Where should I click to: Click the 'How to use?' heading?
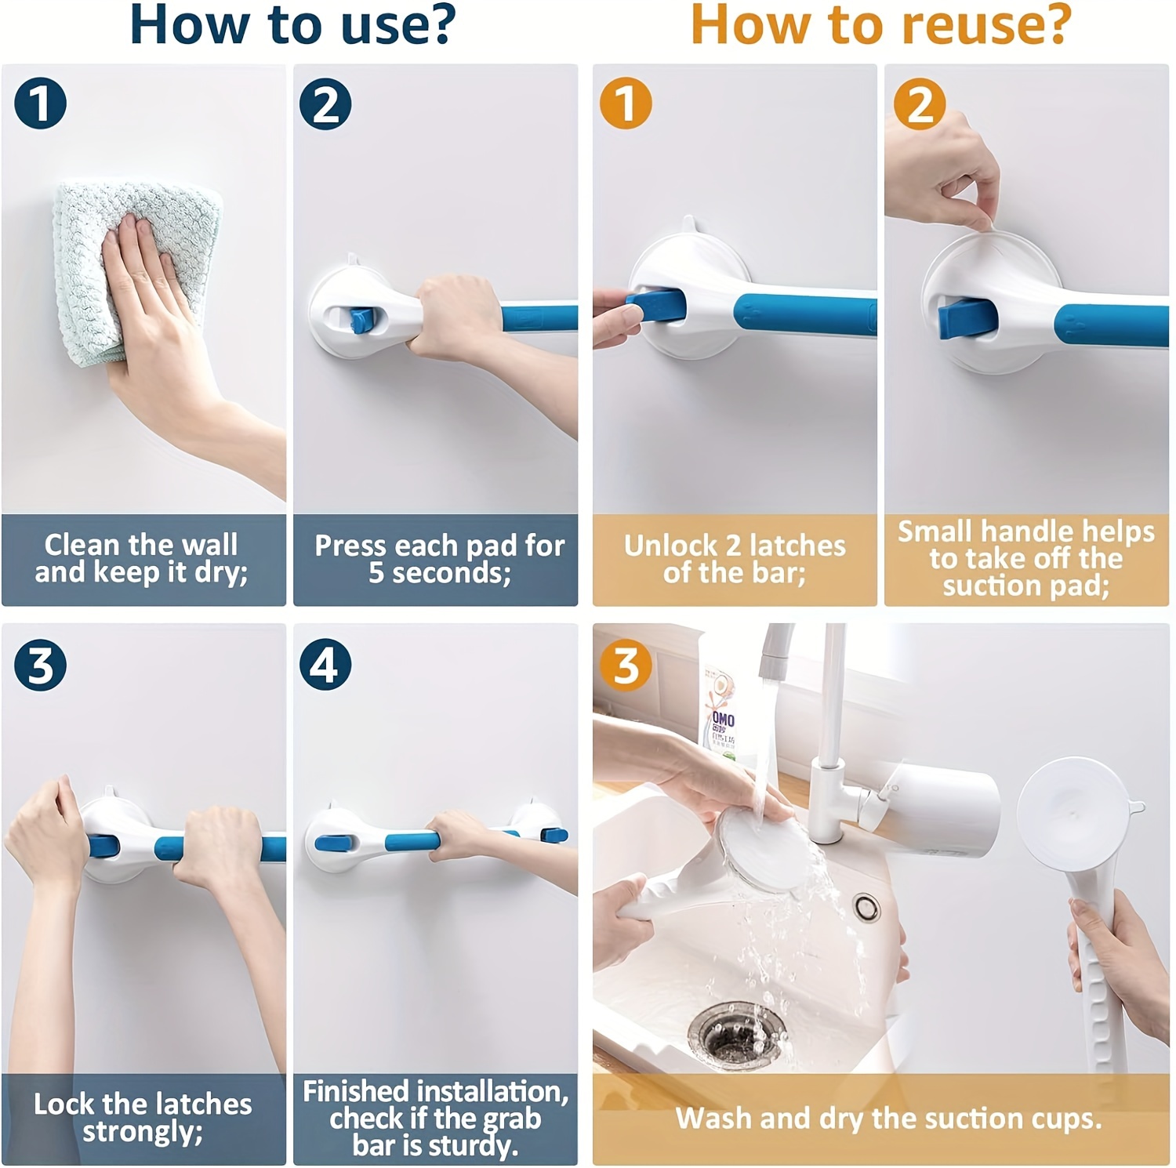coord(292,25)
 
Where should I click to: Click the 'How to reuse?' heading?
coord(880,25)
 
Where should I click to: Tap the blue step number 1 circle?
coord(40,103)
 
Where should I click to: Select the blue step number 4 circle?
coord(325,665)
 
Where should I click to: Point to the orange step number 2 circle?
coord(920,103)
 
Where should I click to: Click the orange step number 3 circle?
coord(626,666)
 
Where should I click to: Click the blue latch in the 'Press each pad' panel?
coord(361,320)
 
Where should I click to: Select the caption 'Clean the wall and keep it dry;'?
coord(142,559)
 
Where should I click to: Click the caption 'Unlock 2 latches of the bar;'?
coord(735,559)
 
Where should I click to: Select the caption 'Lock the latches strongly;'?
coord(142,1118)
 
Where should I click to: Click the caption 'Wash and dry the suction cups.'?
coord(888,1119)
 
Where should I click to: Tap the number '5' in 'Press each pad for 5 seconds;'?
coord(376,573)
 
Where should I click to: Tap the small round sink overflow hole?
coord(866,907)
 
